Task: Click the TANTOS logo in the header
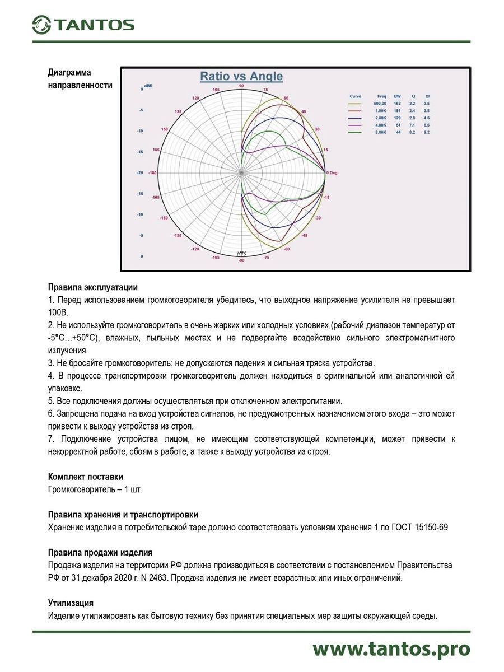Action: click(83, 24)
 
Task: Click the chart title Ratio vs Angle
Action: click(241, 76)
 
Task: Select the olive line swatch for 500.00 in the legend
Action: click(356, 104)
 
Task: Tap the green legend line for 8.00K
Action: click(356, 132)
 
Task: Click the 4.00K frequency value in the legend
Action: click(382, 125)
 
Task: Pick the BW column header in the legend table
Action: click(397, 96)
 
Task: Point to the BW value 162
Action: click(397, 104)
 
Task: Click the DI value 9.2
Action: click(427, 132)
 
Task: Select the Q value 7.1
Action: click(412, 125)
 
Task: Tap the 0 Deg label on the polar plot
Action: click(332, 173)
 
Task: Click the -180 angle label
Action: click(152, 173)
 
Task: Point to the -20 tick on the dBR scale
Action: click(141, 173)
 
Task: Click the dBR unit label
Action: click(148, 86)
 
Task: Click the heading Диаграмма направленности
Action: click(80, 79)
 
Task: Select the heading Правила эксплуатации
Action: click(92, 288)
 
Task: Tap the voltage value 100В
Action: click(58, 312)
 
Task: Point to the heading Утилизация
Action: click(71, 603)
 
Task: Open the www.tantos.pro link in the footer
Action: click(391, 649)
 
